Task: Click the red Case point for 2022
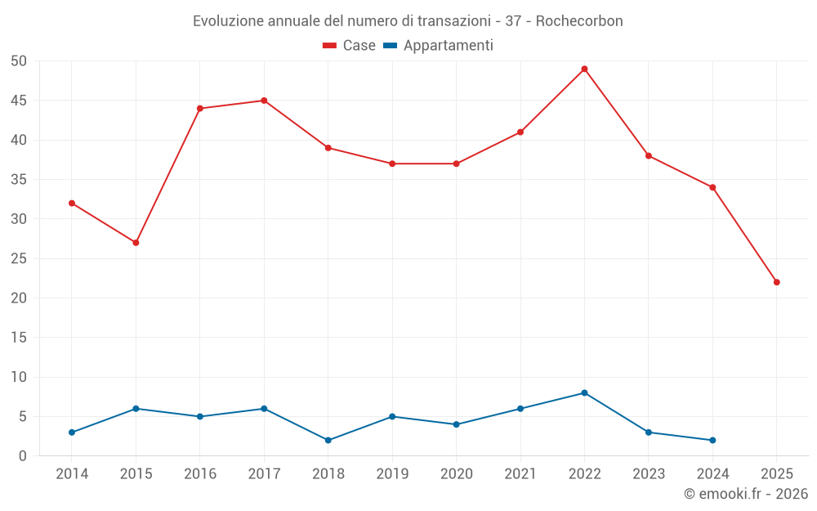pos(584,69)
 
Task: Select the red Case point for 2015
pos(136,243)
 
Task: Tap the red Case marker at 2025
pos(776,282)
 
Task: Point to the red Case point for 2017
pos(264,101)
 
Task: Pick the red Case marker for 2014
pos(72,203)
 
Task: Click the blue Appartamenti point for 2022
pos(584,392)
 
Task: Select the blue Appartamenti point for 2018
pos(328,440)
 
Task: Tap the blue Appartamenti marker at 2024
pos(712,440)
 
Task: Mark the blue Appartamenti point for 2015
pos(136,409)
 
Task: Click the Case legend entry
pos(350,46)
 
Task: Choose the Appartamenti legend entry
pos(439,46)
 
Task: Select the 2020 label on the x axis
pos(456,474)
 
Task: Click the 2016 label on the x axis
pos(200,474)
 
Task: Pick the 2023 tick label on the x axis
pos(648,474)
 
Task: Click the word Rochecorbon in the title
pos(579,20)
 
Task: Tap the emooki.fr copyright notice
pos(745,494)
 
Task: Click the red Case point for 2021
pos(520,132)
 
